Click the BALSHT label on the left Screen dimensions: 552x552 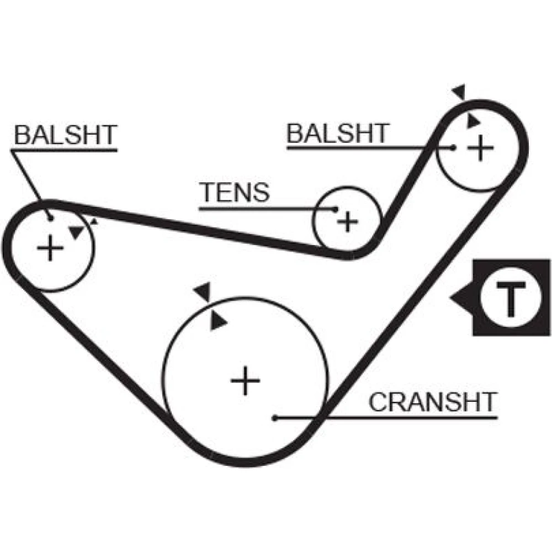tap(66, 135)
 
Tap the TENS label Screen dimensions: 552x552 tap(235, 192)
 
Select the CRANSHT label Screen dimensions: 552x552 tap(433, 402)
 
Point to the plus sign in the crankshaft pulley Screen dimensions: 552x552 tap(245, 381)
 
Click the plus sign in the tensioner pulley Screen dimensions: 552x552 tap(348, 221)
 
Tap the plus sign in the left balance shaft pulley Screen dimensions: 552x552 tap(50, 248)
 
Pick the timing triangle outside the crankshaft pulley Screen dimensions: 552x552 tap(204, 291)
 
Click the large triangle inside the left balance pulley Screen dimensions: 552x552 tap(77, 232)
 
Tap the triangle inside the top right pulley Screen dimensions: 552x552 tap(472, 121)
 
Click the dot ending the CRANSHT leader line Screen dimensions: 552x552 tap(274, 418)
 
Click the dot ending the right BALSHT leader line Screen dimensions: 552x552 tap(453, 147)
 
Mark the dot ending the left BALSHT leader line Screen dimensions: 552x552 tap(50, 218)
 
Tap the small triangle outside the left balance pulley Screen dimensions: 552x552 tap(94, 222)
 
